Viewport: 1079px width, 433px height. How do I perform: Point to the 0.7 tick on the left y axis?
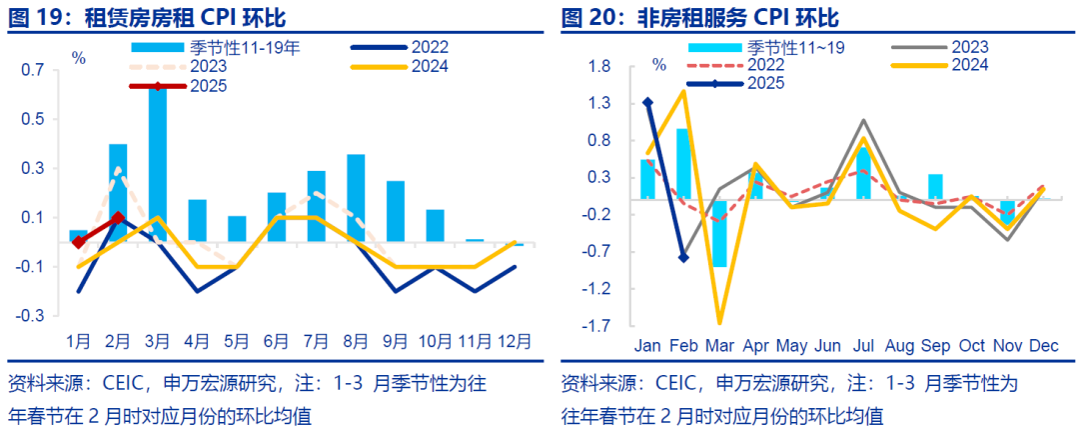[32, 70]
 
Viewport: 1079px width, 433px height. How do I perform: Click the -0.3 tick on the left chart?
[32, 315]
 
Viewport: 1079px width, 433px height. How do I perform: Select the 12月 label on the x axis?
[515, 342]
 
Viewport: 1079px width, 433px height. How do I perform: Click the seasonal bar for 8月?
[356, 198]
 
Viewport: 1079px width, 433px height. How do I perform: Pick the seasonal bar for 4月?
[197, 221]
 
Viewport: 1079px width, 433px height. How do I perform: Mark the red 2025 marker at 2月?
[118, 217]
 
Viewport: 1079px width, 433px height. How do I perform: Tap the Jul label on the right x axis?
[862, 347]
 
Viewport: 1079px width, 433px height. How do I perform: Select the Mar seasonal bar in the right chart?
[719, 232]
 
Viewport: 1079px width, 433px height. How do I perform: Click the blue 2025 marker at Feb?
[683, 258]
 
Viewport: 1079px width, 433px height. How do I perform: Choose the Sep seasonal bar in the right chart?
[935, 187]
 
